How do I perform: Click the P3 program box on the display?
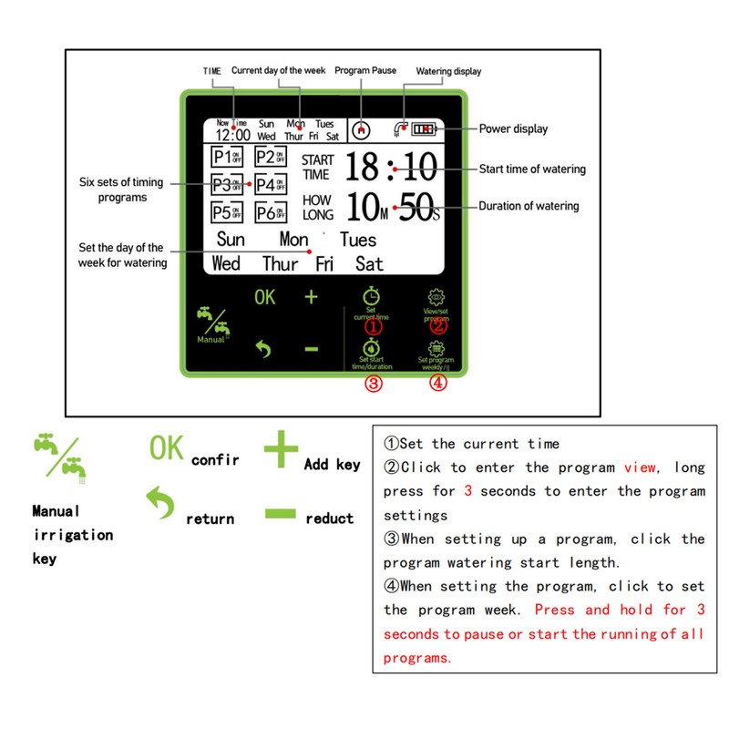pos(226,185)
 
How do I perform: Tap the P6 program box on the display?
pos(270,213)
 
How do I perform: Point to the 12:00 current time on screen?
pos(232,135)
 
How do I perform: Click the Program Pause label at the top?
pos(365,70)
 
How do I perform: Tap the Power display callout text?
pos(513,129)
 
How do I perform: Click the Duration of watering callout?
pos(529,206)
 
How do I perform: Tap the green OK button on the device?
pos(264,297)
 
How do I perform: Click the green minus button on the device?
pos(311,349)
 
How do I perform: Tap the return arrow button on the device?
pos(264,349)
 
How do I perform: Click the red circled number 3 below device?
pos(373,384)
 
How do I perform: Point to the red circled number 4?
pos(438,384)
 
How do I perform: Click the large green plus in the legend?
pos(282,450)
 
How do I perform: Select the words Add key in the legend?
pos(332,465)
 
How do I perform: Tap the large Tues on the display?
pos(357,240)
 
